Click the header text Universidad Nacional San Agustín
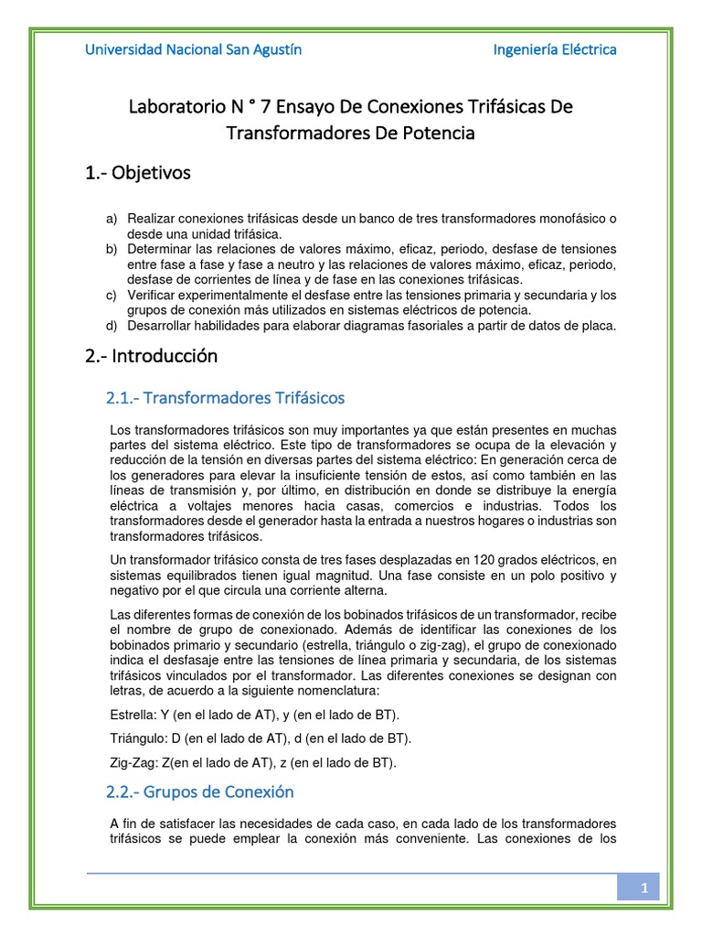pyautogui.click(x=193, y=49)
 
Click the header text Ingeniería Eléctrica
pyautogui.click(x=554, y=49)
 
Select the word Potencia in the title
pyautogui.click(x=435, y=133)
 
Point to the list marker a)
pyautogui.click(x=112, y=220)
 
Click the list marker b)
pyautogui.click(x=112, y=250)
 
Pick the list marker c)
pyautogui.click(x=112, y=295)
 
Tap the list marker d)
pyautogui.click(x=112, y=325)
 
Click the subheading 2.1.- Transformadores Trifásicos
pyautogui.click(x=226, y=398)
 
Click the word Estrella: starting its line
pyautogui.click(x=132, y=714)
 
